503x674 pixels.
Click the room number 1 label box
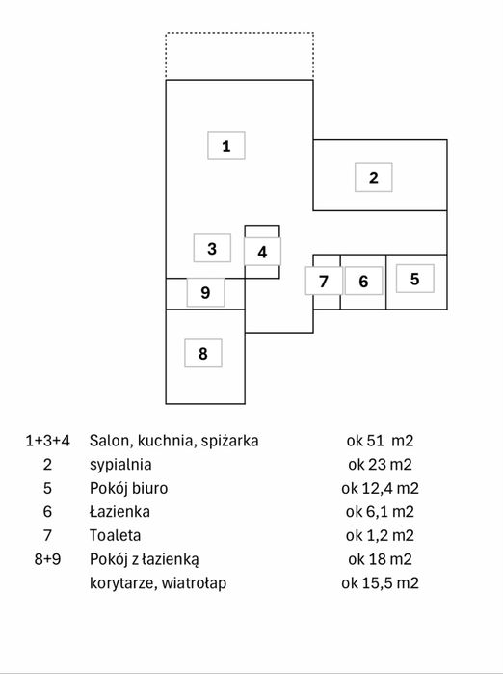click(x=226, y=146)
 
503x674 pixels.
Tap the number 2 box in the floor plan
click(x=373, y=177)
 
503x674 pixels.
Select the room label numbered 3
click(x=212, y=248)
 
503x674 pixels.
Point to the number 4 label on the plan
click(x=262, y=252)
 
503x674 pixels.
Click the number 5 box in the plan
click(x=414, y=279)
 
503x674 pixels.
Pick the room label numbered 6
click(x=363, y=281)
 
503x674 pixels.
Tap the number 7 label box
click(x=324, y=281)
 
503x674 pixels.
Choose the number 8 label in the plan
click(x=203, y=353)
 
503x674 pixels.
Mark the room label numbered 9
click(x=205, y=292)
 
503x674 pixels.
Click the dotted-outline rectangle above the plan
click(x=240, y=32)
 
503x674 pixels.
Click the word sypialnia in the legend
click(x=120, y=465)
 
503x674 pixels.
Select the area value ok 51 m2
click(x=380, y=441)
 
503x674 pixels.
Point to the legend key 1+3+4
click(x=47, y=441)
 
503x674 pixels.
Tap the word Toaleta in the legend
click(x=115, y=535)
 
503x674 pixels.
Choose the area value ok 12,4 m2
click(x=380, y=488)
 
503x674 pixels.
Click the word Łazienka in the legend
click(x=119, y=511)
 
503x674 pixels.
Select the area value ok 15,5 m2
click(x=380, y=582)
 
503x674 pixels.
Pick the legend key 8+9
click(x=47, y=559)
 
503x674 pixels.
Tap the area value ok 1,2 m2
click(x=380, y=535)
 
